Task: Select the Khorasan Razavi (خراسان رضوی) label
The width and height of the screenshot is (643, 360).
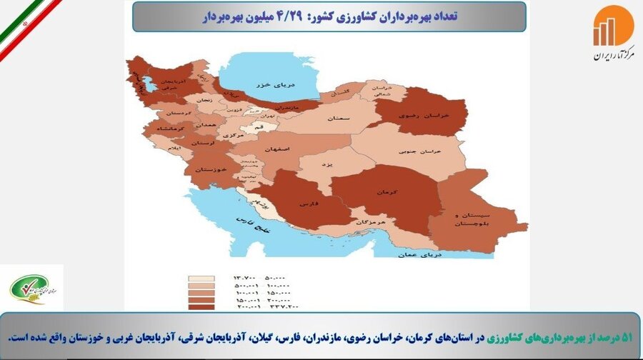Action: [x=419, y=116]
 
